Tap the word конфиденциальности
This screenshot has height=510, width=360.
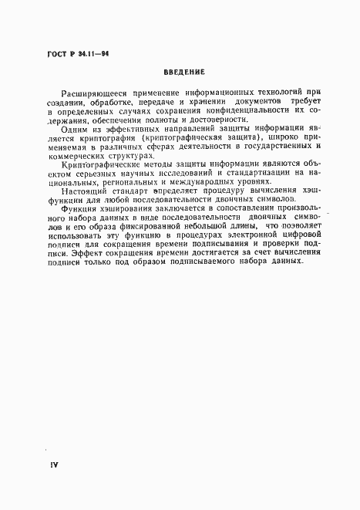click(x=234, y=133)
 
